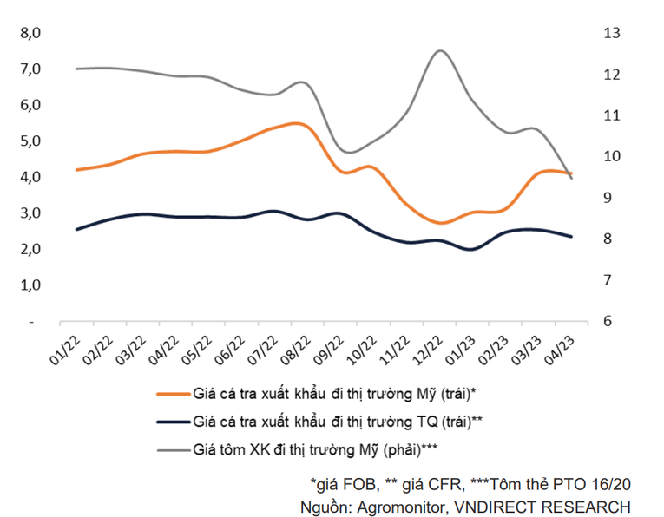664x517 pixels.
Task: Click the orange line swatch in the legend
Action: click(x=173, y=394)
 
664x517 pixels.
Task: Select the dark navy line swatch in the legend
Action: click(x=173, y=422)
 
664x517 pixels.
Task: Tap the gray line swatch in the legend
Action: click(x=173, y=449)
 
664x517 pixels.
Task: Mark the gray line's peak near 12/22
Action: click(x=440, y=51)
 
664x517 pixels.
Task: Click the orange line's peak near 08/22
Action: click(x=295, y=123)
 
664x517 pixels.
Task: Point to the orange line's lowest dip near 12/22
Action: click(x=442, y=223)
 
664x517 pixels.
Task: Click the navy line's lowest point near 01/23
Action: click(x=470, y=249)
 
